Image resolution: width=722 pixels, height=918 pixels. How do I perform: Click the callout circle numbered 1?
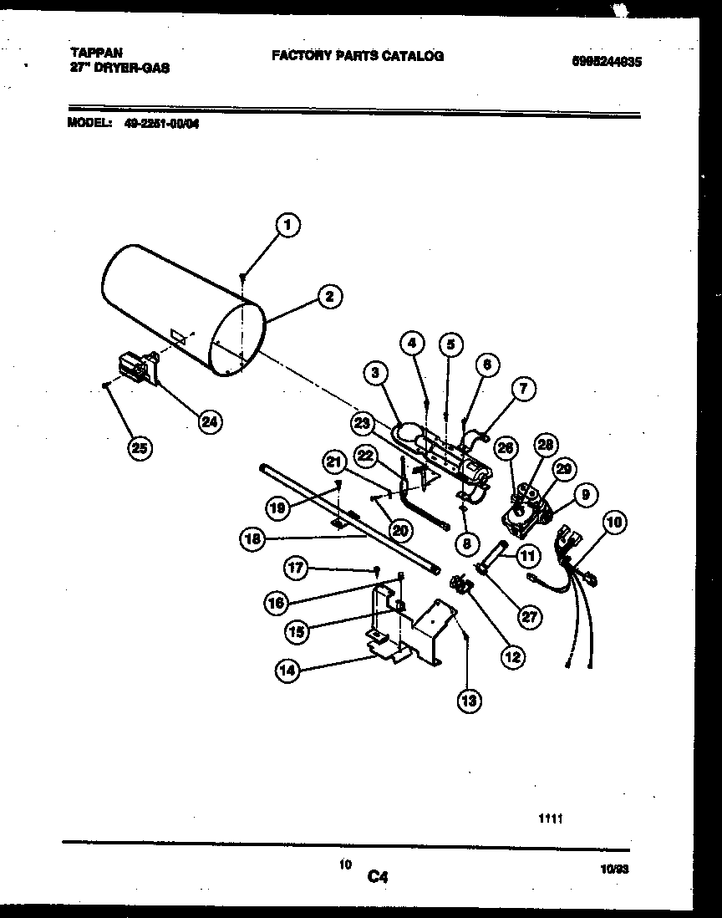point(287,224)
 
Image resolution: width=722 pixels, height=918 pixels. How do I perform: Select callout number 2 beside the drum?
point(329,295)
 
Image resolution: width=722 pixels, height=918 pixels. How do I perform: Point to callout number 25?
point(140,448)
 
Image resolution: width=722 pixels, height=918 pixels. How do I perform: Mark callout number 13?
point(469,701)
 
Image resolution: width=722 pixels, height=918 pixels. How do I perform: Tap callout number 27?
point(529,617)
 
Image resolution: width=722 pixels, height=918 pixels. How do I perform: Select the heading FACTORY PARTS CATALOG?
point(357,56)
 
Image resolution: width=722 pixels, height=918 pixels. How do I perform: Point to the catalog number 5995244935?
point(607,61)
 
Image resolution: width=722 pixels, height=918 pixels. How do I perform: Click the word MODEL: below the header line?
point(89,122)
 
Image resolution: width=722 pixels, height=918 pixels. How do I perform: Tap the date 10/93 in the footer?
point(614,869)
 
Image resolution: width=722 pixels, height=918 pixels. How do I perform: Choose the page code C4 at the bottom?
point(378,877)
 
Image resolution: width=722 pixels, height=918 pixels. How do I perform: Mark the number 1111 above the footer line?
point(550,819)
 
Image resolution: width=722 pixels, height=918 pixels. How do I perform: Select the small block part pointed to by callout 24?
point(135,369)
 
